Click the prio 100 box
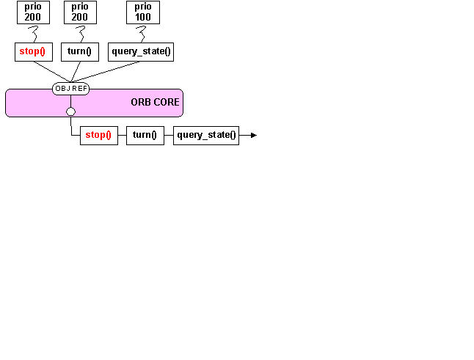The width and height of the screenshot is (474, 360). (143, 12)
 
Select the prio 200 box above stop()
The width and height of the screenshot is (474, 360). (33, 12)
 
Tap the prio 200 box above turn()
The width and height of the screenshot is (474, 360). (80, 12)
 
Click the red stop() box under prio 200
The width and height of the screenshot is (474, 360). (34, 52)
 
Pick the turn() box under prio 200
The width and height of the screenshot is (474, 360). (84, 52)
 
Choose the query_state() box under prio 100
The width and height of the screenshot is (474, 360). (141, 52)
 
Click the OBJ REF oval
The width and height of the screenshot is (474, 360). (71, 89)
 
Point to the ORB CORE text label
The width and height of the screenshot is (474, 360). (155, 102)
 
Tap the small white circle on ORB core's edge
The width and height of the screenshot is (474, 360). (70, 112)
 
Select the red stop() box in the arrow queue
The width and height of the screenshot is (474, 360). (98, 135)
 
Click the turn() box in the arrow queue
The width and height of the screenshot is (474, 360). (145, 135)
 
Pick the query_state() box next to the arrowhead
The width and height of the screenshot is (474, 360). (206, 135)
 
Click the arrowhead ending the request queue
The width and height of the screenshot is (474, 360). (253, 135)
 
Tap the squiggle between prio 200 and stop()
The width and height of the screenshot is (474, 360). (32, 33)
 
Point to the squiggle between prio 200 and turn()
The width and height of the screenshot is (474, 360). (81, 33)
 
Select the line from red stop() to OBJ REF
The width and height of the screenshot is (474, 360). (49, 71)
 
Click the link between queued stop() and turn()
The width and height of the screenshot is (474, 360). (122, 135)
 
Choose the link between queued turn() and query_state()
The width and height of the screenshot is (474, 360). (169, 135)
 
